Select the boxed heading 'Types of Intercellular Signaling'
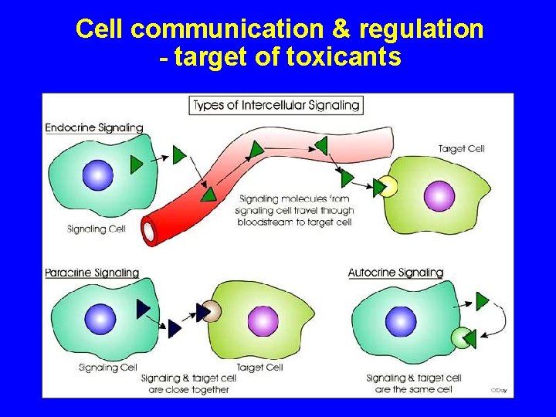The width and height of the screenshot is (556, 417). [276, 105]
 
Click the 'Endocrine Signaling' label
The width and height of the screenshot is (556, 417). [94, 127]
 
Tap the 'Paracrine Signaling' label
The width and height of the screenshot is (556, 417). [92, 273]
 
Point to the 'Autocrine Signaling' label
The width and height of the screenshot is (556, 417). [395, 273]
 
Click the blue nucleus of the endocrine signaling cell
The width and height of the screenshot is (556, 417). [98, 175]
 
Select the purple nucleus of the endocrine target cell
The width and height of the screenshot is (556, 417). [437, 194]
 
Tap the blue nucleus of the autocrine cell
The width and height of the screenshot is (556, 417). [400, 321]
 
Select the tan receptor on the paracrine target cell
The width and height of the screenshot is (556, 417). [212, 311]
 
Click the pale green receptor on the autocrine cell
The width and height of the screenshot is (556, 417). [461, 338]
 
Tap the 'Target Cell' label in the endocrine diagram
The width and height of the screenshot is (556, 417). [461, 148]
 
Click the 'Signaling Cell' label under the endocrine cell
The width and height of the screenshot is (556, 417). [97, 229]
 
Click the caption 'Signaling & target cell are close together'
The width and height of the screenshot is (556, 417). [185, 384]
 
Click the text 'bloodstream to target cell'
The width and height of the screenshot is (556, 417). [296, 222]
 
